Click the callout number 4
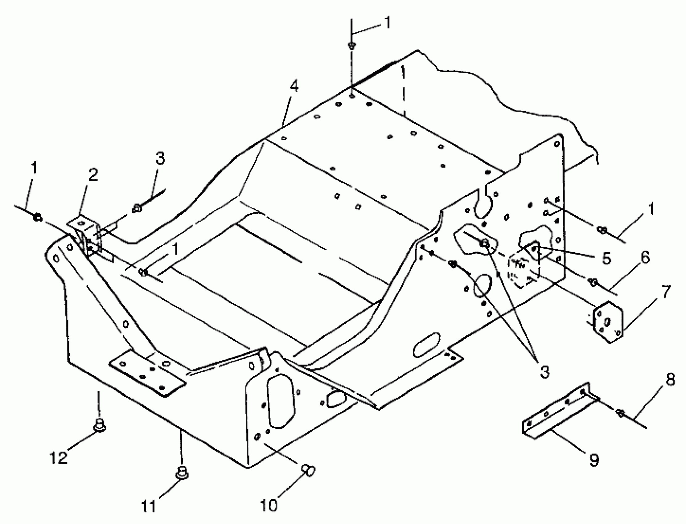[x=294, y=86]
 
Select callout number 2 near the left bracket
[x=93, y=175]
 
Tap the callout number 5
[x=606, y=258]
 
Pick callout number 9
[x=594, y=460]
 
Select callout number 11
[x=149, y=506]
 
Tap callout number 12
[x=59, y=457]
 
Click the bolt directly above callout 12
[x=99, y=425]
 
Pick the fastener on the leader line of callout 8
[x=620, y=414]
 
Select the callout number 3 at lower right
[x=544, y=372]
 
